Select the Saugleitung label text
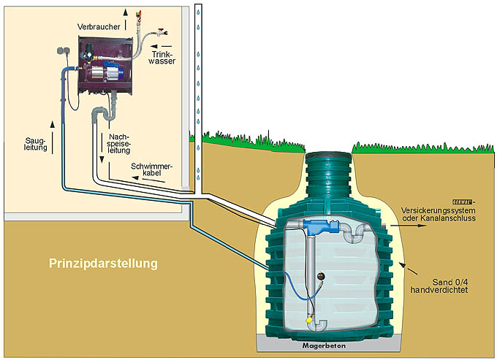click(35, 142)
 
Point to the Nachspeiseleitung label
click(118, 144)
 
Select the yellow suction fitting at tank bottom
click(310, 318)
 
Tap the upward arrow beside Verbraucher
click(124, 13)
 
